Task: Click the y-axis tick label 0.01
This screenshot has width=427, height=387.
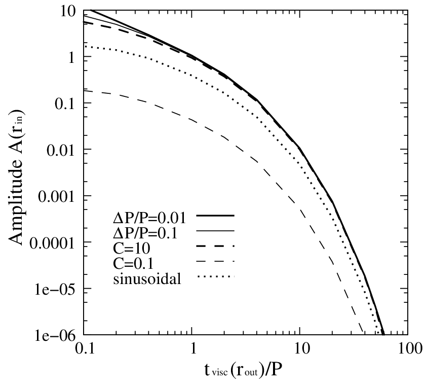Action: pos(60,151)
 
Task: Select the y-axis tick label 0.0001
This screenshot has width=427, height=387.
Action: pos(52,243)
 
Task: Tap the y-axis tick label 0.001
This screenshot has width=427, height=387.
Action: pos(56,197)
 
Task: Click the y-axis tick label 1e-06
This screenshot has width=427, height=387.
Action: pos(55,336)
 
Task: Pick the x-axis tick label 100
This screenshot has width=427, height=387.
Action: pos(407,349)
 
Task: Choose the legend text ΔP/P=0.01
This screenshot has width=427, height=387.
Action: pos(149,218)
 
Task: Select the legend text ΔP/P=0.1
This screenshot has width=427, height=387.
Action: pos(145,233)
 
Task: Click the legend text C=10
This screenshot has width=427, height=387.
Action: pos(132,249)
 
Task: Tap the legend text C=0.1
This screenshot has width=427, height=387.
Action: pos(133,264)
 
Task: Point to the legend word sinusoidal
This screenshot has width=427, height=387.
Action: pos(147,279)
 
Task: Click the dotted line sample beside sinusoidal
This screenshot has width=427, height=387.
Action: pos(215,277)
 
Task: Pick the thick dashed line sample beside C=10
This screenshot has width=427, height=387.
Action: pos(215,247)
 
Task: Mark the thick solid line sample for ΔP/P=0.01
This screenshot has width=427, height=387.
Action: pos(215,216)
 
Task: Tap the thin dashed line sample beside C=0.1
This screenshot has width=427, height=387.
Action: pos(215,262)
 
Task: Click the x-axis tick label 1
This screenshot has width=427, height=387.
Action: pos(193,349)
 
